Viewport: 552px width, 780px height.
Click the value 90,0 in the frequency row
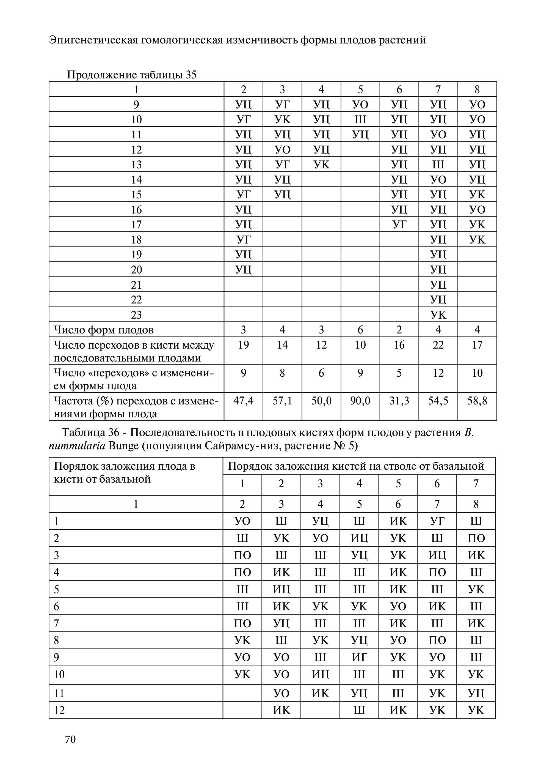tap(360, 401)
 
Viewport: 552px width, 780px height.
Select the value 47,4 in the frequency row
tap(243, 401)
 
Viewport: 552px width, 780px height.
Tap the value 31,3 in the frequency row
tap(399, 401)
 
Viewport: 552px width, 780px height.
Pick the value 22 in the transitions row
tap(438, 345)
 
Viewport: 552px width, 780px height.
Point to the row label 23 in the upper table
tap(136, 315)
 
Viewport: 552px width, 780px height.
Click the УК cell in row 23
tap(438, 315)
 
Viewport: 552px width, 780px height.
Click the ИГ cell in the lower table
tap(359, 657)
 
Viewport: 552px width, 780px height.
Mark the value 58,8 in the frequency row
tap(477, 401)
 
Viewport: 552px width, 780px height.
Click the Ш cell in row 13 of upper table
tap(438, 165)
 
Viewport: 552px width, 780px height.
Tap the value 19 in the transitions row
tap(243, 345)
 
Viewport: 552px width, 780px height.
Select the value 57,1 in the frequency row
tap(282, 401)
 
